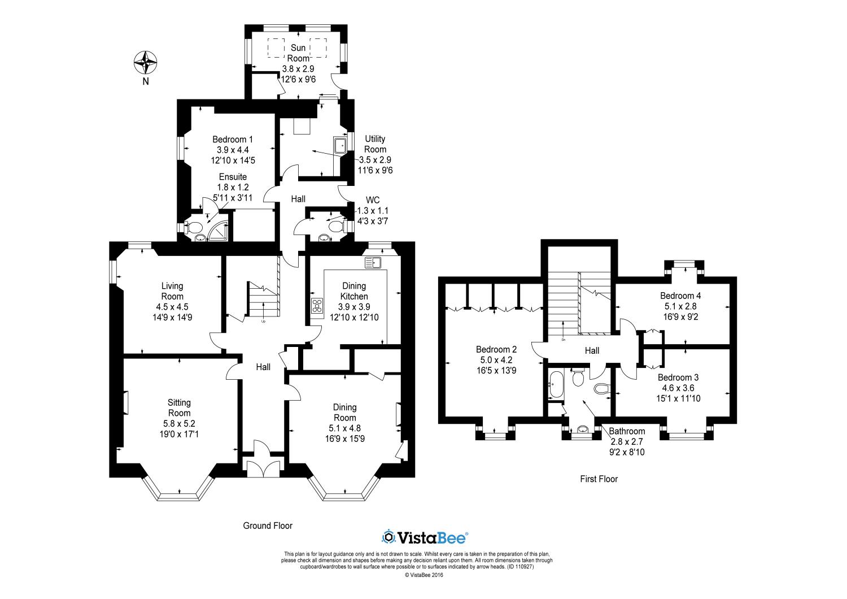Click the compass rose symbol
pyautogui.click(x=146, y=62)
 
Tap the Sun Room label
pyautogui.click(x=298, y=53)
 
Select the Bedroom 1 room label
pyautogui.click(x=233, y=139)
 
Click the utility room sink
pyautogui.click(x=340, y=145)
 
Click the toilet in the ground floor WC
pyautogui.click(x=336, y=227)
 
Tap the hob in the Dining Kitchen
pyautogui.click(x=317, y=305)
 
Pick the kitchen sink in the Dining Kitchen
pyautogui.click(x=373, y=262)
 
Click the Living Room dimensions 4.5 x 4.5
pyautogui.click(x=172, y=307)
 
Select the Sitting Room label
pyautogui.click(x=179, y=407)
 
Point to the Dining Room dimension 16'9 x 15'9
pyautogui.click(x=345, y=439)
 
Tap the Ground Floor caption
pyautogui.click(x=268, y=526)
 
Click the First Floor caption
pyautogui.click(x=599, y=479)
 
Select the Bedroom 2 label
pyautogui.click(x=496, y=349)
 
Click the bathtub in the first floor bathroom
pyautogui.click(x=556, y=384)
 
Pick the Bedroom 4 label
pyautogui.click(x=680, y=296)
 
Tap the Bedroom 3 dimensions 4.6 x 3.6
pyautogui.click(x=678, y=388)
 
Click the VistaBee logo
pyautogui.click(x=425, y=537)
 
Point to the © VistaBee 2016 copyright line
pyautogui.click(x=424, y=575)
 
